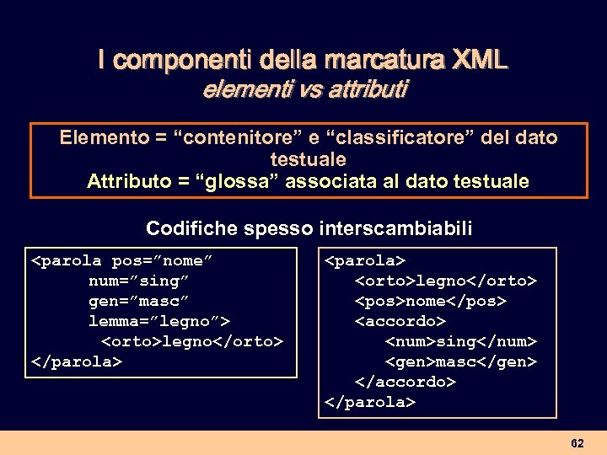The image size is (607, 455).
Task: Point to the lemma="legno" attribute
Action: tap(159, 321)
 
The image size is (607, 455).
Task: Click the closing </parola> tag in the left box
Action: tap(77, 361)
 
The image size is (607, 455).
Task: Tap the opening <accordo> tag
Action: tap(400, 321)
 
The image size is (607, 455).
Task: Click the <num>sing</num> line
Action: tap(460, 341)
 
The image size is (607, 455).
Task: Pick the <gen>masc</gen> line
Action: tap(460, 361)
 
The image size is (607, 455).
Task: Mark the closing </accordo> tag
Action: tap(406, 382)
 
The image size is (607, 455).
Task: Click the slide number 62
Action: tap(577, 443)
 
